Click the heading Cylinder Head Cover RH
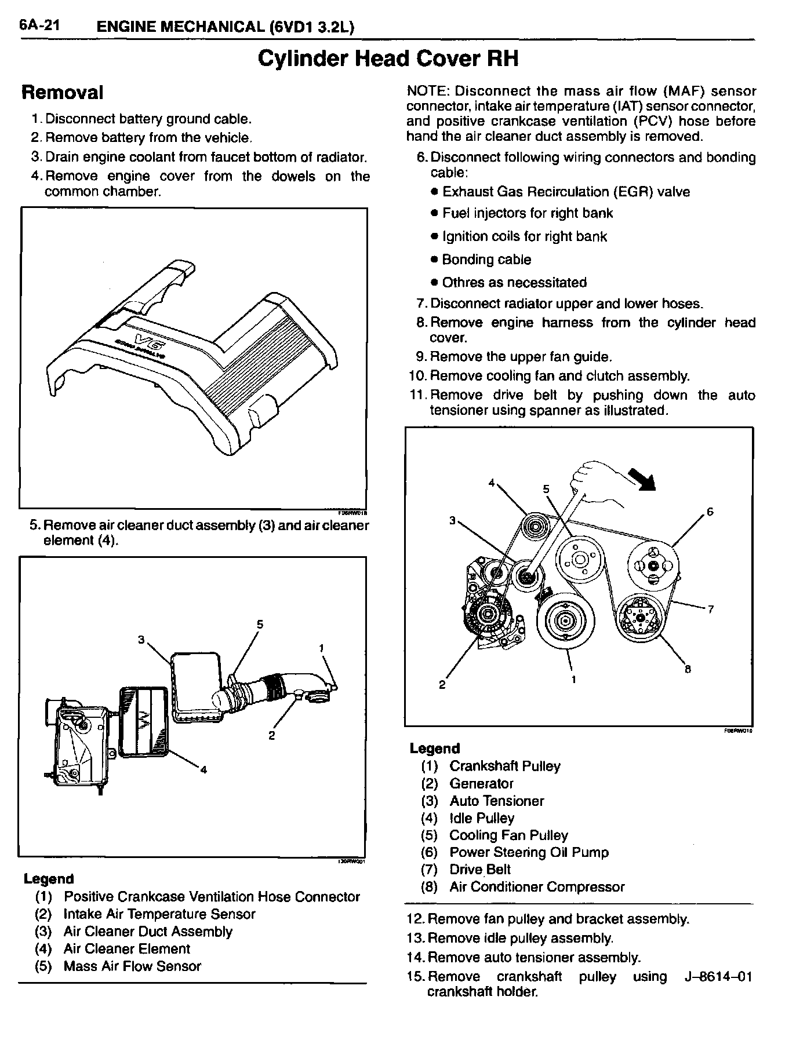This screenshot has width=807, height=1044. (x=387, y=59)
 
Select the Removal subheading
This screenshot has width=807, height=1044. (x=62, y=93)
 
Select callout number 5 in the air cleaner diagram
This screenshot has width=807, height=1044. (x=260, y=625)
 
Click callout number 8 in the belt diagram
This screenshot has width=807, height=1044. (x=688, y=669)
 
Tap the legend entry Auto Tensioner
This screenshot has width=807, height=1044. (x=496, y=801)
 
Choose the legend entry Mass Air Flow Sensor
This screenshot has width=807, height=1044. (x=132, y=966)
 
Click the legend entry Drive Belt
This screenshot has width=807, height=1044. (x=479, y=870)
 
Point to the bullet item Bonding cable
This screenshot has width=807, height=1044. (x=486, y=260)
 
